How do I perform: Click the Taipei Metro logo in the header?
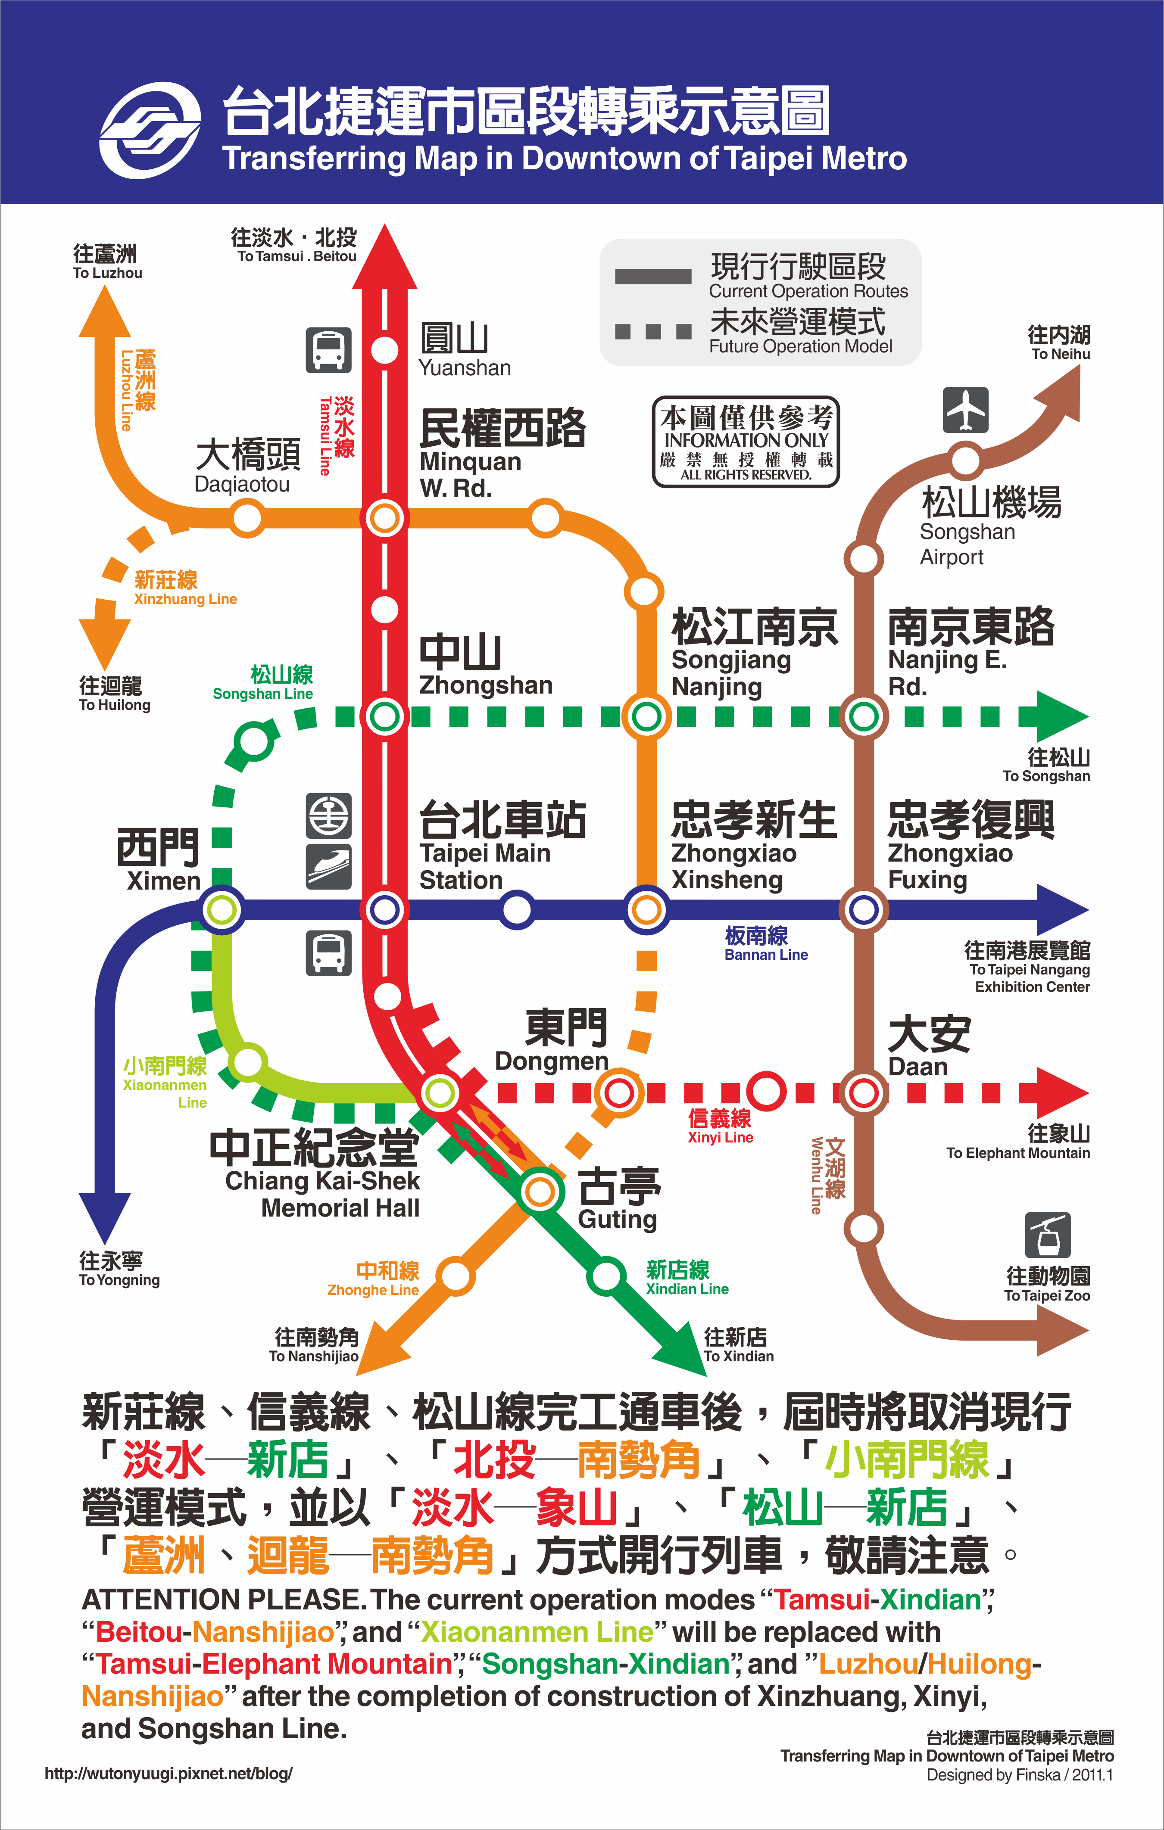coord(150,130)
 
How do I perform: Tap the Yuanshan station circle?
coord(385,349)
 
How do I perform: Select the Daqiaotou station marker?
coord(247,519)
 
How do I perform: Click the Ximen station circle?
coord(222,910)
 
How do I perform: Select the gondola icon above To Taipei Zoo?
coord(1048,1235)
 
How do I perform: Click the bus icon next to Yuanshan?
coord(328,350)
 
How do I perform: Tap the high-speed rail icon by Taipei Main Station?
coord(328,866)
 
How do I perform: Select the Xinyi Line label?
coord(720,1126)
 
